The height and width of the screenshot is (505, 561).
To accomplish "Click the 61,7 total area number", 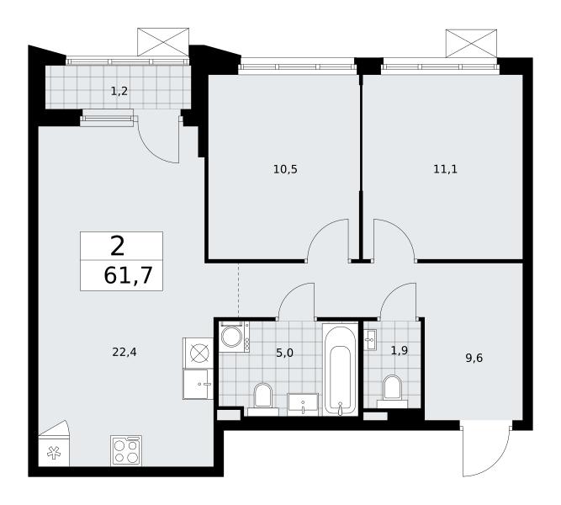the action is pos(128,276).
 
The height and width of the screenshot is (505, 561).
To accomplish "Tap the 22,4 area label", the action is pos(124,353).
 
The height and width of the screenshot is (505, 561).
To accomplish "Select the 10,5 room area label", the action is pos(285,169).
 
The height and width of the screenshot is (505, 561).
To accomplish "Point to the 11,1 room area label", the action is pos(445,169).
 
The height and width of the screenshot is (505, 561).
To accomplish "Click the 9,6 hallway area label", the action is pos(474,358).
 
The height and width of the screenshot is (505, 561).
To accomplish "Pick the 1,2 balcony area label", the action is pos(119,92).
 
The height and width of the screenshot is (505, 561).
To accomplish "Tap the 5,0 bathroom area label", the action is pos(285,353).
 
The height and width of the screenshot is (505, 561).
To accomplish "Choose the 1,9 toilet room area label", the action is pos(400,351).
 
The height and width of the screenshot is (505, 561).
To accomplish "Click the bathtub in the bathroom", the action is pos(341,369).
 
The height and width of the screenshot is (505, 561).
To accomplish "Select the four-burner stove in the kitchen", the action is pos(126,450).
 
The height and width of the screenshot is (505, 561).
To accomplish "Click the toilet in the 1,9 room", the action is pos(392,391).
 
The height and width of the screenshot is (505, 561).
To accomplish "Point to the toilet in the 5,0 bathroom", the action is pos(263,399).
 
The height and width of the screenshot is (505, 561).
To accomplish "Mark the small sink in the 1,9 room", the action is pos(369,339).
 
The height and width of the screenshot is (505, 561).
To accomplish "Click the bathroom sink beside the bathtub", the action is pos(303,405).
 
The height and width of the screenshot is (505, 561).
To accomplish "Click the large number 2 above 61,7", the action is pos(118,247).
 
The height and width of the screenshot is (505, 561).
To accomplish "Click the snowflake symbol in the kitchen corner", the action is pos(54,453).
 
